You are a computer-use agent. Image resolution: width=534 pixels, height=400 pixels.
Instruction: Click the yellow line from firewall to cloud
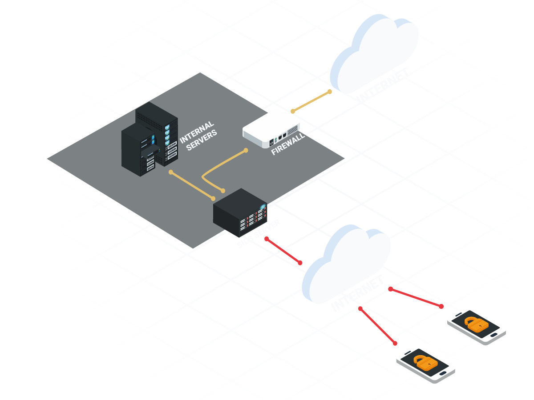click(311, 101)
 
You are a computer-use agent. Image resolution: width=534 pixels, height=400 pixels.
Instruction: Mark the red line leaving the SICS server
click(283, 251)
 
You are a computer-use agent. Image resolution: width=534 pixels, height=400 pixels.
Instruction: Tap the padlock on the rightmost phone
click(476, 324)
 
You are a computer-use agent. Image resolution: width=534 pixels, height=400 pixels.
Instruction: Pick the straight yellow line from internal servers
click(191, 185)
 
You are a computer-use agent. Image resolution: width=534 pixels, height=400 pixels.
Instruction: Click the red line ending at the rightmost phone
click(416, 298)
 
